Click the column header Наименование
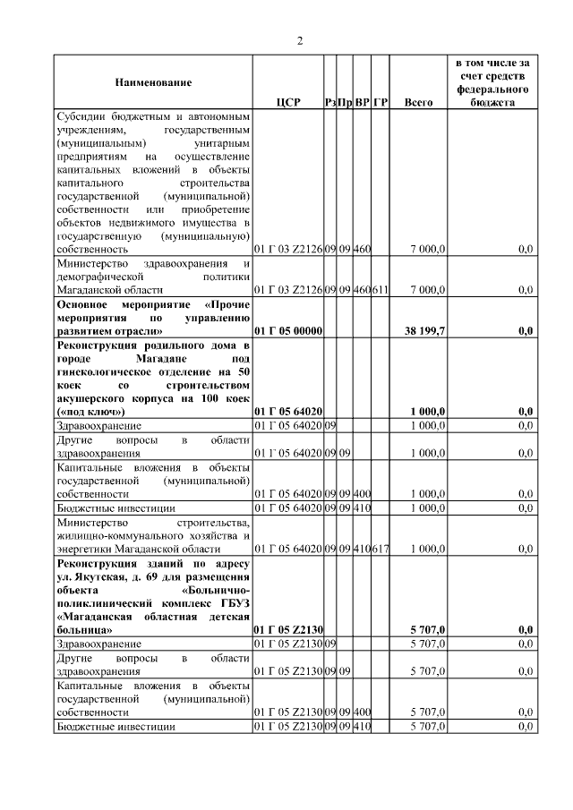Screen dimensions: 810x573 pyautogui.click(x=153, y=82)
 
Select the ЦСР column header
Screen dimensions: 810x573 pyautogui.click(x=288, y=103)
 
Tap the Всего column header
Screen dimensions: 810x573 pyautogui.click(x=418, y=103)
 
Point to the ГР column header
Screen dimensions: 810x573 pyautogui.click(x=380, y=103)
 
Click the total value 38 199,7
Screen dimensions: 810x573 pyautogui.click(x=424, y=331)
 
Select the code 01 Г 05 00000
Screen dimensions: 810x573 pyautogui.click(x=288, y=331)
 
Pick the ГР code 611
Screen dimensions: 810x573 pyautogui.click(x=380, y=290)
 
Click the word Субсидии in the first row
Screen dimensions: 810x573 pyautogui.click(x=80, y=117)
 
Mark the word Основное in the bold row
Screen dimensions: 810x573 pyautogui.click(x=86, y=304)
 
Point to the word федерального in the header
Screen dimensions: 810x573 pyautogui.click(x=492, y=90)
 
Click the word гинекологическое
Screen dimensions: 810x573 pyautogui.click(x=104, y=371)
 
